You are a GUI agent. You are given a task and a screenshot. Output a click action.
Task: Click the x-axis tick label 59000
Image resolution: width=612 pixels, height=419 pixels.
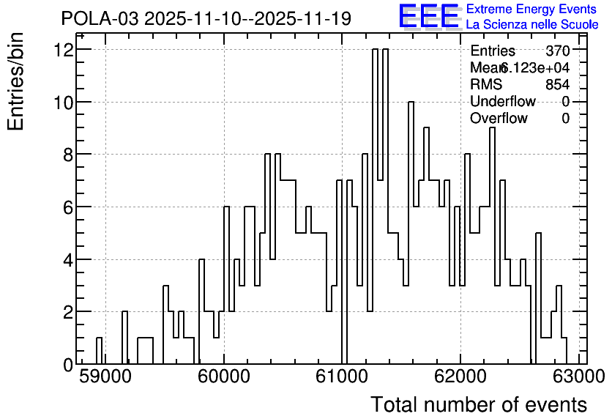(x=105, y=377)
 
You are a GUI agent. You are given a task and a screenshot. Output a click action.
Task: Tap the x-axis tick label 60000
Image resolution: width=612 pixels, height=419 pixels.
(x=224, y=377)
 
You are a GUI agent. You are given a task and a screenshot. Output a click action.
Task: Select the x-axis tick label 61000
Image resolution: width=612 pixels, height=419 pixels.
(x=342, y=377)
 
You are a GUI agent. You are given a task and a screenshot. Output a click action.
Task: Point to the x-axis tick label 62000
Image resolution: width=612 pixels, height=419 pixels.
(x=460, y=377)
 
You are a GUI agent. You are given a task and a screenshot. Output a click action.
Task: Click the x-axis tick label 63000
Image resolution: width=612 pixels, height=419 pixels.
(x=578, y=377)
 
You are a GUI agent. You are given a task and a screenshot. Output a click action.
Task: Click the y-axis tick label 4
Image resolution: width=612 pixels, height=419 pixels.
(x=69, y=260)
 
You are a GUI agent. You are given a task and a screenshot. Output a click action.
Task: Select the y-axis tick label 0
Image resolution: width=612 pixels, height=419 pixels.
(x=69, y=365)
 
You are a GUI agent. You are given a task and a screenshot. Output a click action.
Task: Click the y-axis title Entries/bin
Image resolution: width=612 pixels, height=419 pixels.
(x=15, y=82)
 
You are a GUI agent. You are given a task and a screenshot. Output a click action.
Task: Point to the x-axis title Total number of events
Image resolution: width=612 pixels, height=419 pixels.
(x=479, y=404)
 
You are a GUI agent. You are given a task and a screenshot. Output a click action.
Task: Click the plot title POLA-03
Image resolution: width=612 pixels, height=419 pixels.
(x=100, y=18)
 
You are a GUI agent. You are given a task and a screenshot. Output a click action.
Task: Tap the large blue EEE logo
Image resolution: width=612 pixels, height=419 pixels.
(x=429, y=17)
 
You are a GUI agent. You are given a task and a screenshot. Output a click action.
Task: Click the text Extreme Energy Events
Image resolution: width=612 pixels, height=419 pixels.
(x=531, y=9)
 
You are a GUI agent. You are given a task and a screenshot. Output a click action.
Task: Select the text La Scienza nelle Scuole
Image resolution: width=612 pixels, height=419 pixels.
(x=532, y=24)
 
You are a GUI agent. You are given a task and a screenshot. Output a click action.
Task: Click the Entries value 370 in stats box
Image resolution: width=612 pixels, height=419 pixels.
(x=558, y=51)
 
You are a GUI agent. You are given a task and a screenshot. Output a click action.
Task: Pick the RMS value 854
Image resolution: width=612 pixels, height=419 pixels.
(x=558, y=84)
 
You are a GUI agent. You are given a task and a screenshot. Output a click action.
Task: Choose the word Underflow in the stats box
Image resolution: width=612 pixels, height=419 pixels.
(x=503, y=101)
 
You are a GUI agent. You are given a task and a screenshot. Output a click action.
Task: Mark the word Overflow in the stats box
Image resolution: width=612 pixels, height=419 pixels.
(x=499, y=118)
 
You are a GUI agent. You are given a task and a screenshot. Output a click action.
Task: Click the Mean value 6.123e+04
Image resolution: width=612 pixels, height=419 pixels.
(x=534, y=67)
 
